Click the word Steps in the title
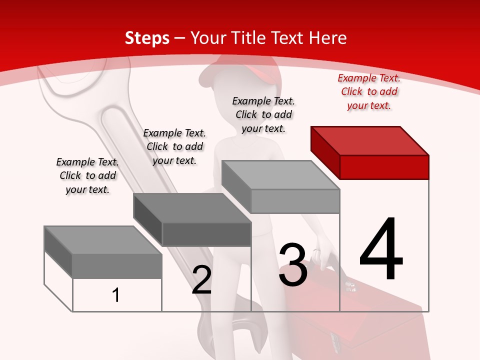(x=147, y=38)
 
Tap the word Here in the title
(x=327, y=38)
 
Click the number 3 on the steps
(x=293, y=265)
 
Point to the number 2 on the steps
(x=201, y=280)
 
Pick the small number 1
(x=116, y=295)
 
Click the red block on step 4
(x=384, y=166)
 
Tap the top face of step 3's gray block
(x=280, y=175)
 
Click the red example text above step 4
(x=369, y=91)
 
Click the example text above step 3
(x=263, y=114)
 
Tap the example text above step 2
(x=174, y=146)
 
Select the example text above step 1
(x=87, y=175)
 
